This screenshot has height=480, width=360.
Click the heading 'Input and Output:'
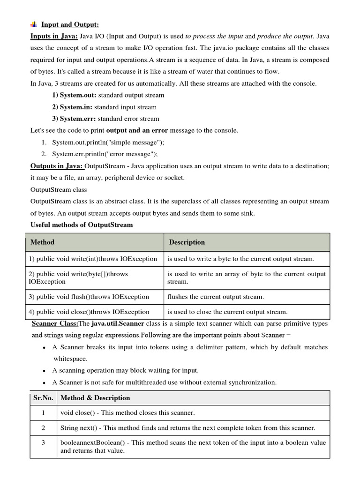tap(70, 24)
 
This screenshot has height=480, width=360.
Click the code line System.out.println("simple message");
tap(108, 142)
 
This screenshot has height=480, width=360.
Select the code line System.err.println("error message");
tap(105, 154)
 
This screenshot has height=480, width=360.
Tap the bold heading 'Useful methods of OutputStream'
tap(82, 225)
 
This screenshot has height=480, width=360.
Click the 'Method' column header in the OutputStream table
tap(42, 242)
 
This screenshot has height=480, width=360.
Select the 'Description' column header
tap(187, 242)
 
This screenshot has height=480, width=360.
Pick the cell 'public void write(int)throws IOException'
tap(93, 259)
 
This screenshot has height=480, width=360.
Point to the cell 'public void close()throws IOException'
tap(89, 312)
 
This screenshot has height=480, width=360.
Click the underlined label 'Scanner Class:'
tap(54, 324)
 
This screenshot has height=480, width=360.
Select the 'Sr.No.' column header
tap(44, 398)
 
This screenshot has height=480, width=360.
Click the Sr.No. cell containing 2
tap(43, 428)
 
